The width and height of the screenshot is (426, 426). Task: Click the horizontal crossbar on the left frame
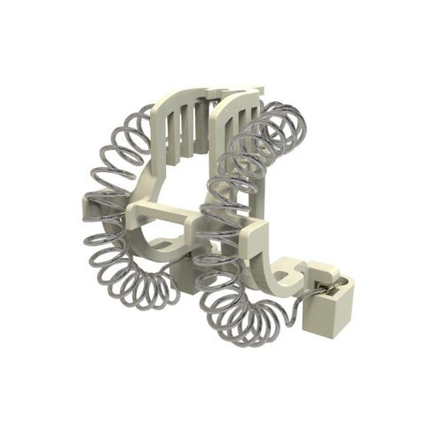pyautogui.click(x=160, y=213)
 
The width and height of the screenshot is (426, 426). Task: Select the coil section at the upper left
pyautogui.click(x=124, y=146)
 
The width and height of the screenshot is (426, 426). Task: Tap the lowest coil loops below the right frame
pyautogui.click(x=240, y=319)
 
